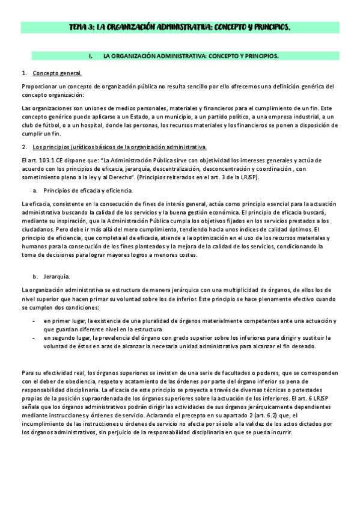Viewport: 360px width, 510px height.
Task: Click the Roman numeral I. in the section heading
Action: pos(90,56)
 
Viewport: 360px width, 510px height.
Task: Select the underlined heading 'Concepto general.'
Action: pos(57,73)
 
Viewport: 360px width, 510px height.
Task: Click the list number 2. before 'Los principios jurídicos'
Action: pos(23,147)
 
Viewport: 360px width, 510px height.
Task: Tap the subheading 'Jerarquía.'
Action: pos(57,276)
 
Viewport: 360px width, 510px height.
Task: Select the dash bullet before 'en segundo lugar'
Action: pos(33,338)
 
